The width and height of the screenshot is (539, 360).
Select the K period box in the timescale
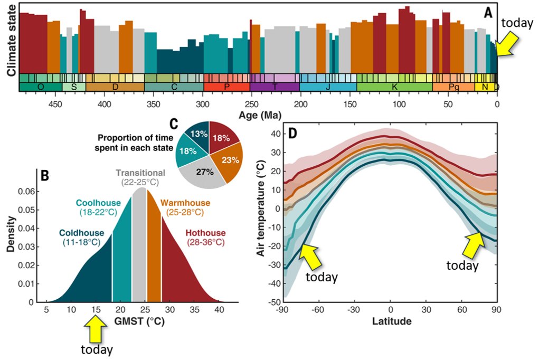[x=394, y=87]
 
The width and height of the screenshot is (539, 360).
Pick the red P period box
[x=226, y=87]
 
